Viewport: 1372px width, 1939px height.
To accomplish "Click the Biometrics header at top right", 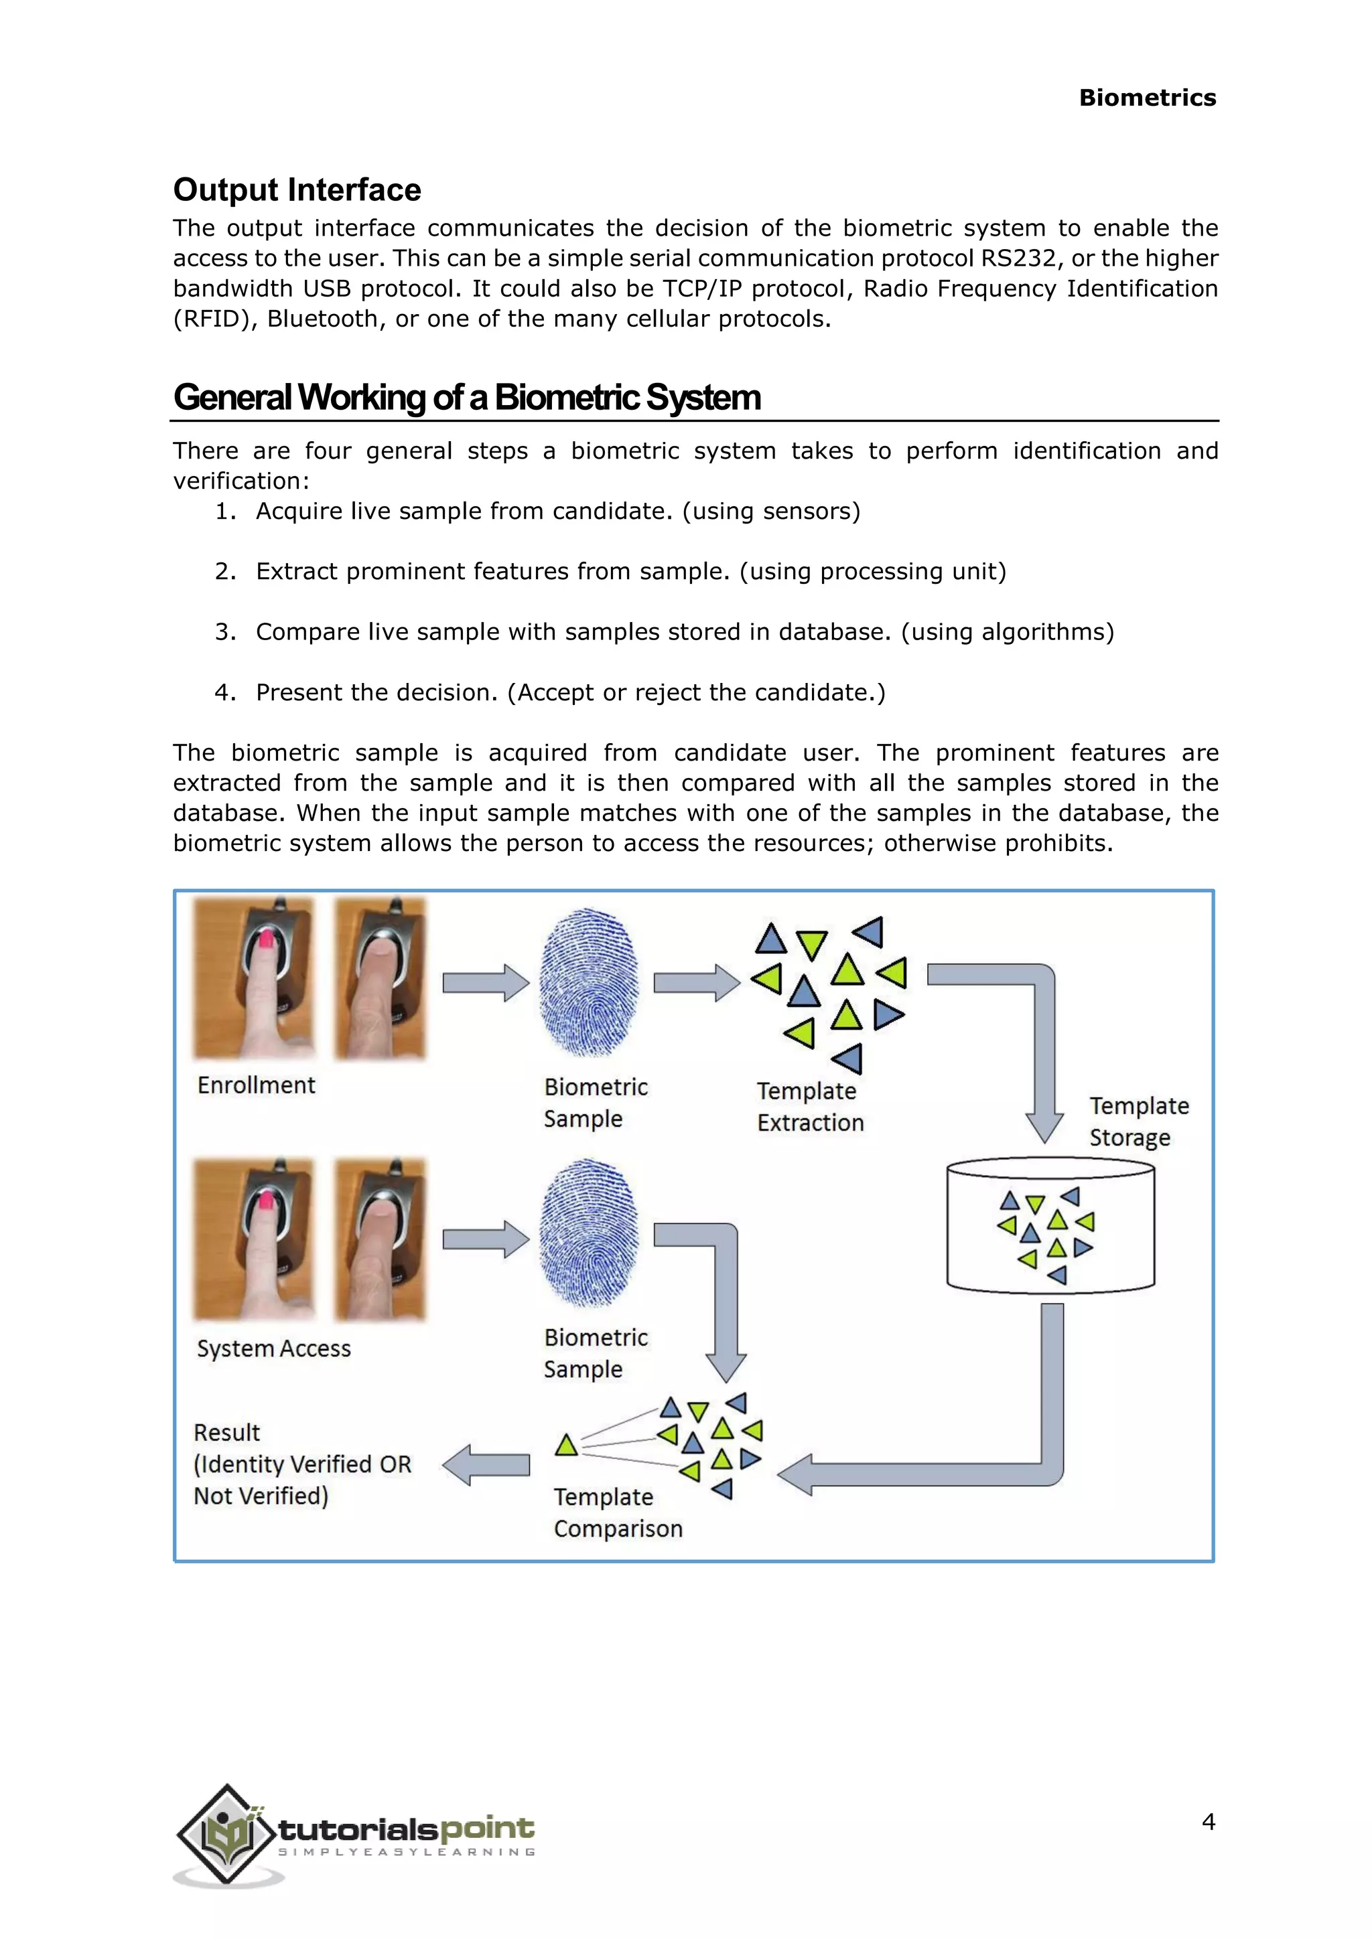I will tap(1148, 98).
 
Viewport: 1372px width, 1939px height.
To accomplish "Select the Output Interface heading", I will tap(297, 190).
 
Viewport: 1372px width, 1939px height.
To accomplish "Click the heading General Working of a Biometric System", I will tap(467, 398).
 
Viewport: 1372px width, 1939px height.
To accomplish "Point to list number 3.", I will tap(224, 631).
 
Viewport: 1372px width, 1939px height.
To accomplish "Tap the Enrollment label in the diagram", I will tap(256, 1085).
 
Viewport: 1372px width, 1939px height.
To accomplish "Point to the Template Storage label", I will tap(1138, 1121).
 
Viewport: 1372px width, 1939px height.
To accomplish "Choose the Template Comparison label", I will tap(618, 1513).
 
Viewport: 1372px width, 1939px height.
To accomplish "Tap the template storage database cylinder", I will tap(1050, 1226).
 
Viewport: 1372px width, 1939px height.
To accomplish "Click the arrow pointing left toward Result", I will tap(486, 1465).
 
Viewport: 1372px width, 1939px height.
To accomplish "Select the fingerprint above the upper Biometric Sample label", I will tap(589, 983).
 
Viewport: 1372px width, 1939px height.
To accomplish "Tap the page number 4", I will tap(1208, 1822).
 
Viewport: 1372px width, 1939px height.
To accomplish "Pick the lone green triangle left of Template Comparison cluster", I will tap(566, 1445).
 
